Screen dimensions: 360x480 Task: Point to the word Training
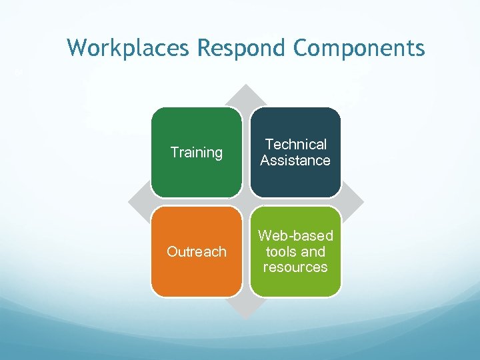tap(197, 153)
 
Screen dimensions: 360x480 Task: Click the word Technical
tap(295, 145)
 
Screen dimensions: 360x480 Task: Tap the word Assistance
tap(295, 161)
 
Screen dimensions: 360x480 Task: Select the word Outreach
tap(197, 252)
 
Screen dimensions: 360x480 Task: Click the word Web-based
tap(295, 236)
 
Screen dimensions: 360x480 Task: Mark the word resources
tap(295, 267)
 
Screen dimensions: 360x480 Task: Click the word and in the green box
tap(313, 252)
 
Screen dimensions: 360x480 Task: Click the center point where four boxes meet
tap(246, 202)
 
